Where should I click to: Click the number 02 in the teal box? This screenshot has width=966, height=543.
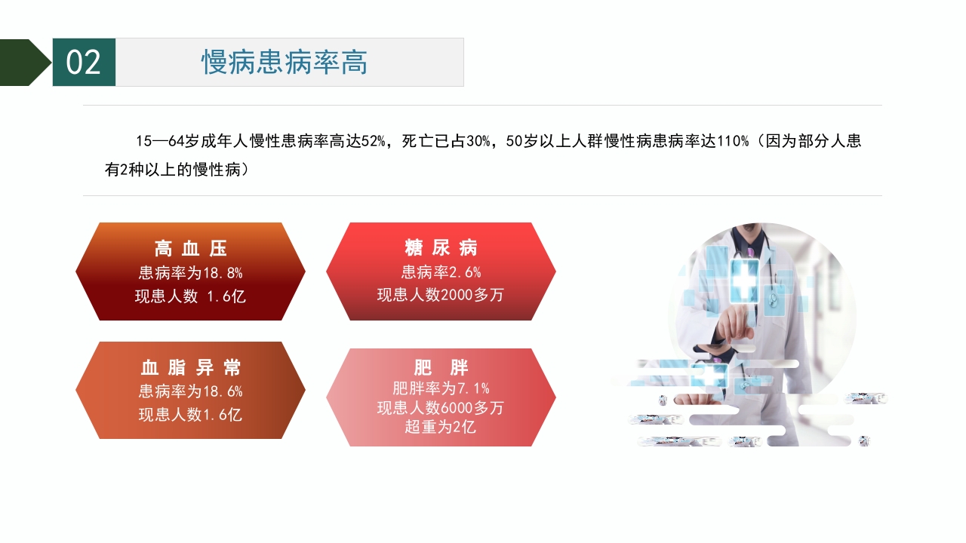pyautogui.click(x=83, y=63)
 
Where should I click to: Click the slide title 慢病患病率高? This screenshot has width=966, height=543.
pyautogui.click(x=285, y=63)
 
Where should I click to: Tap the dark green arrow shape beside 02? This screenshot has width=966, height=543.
pyautogui.click(x=24, y=63)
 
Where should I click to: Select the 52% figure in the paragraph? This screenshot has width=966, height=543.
pyautogui.click(x=374, y=141)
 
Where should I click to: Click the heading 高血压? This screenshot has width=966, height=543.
pyautogui.click(x=190, y=249)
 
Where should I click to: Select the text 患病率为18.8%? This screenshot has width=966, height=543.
pyautogui.click(x=190, y=273)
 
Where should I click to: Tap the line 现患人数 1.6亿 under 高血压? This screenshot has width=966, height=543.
pyautogui.click(x=190, y=296)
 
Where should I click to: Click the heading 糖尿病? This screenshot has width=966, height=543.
pyautogui.click(x=441, y=248)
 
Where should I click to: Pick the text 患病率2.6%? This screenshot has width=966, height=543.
pyautogui.click(x=441, y=272)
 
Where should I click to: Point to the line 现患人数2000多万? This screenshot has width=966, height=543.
pyautogui.click(x=441, y=295)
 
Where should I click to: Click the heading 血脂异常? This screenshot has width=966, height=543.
pyautogui.click(x=190, y=368)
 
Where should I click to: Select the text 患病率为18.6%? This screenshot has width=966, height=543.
pyautogui.click(x=190, y=391)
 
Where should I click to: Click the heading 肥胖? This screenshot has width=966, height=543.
pyautogui.click(x=441, y=368)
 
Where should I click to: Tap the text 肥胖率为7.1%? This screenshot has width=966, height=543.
pyautogui.click(x=441, y=388)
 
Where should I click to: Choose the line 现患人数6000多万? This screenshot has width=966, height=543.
pyautogui.click(x=441, y=408)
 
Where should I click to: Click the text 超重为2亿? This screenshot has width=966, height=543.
pyautogui.click(x=441, y=428)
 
